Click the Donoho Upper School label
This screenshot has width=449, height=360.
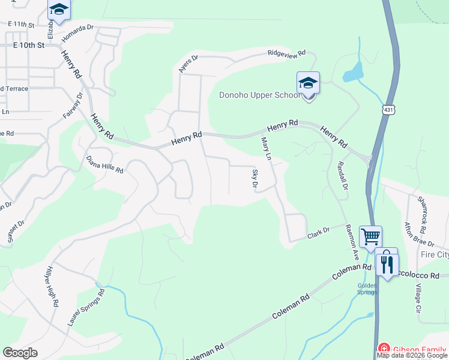[x=259, y=95]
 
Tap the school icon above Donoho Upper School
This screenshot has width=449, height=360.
[x=308, y=83]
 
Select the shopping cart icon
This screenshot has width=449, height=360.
[x=370, y=236]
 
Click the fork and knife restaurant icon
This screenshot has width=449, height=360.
[x=387, y=263]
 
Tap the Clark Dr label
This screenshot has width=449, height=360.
[x=319, y=230]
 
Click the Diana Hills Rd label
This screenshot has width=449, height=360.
[x=104, y=165]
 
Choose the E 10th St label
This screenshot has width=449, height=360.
[x=29, y=46]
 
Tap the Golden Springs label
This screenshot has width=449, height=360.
[x=367, y=289]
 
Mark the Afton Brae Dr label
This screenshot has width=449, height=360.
[x=419, y=234]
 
